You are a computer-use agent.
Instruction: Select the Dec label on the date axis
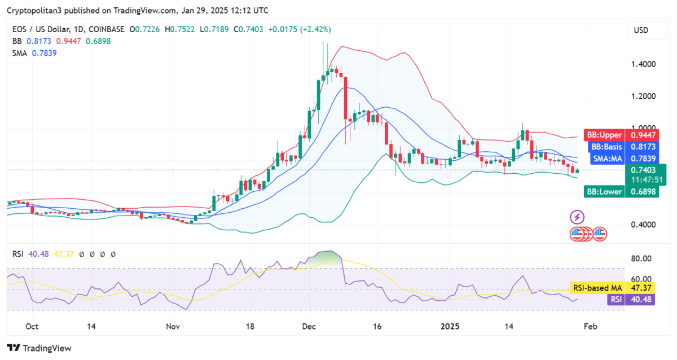coord(309,326)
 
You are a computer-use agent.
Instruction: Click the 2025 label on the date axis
coord(451,326)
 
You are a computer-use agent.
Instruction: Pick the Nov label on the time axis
coord(173,326)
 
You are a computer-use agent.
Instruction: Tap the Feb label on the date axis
coord(590,326)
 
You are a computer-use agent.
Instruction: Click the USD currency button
coord(641,30)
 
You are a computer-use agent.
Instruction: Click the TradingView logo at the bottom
coord(39,348)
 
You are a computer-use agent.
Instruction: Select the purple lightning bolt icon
coord(577,217)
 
